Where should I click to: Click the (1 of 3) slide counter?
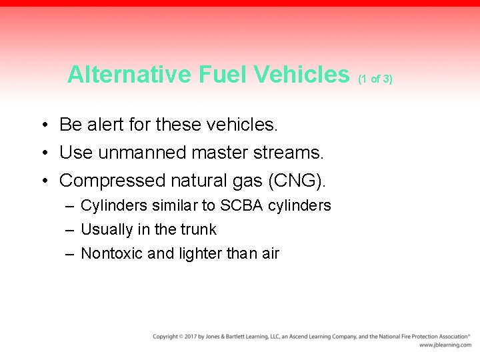(x=375, y=79)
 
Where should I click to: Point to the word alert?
(x=105, y=125)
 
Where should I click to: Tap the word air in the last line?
(x=270, y=253)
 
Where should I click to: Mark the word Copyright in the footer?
(x=166, y=337)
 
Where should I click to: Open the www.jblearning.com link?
(x=445, y=345)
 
